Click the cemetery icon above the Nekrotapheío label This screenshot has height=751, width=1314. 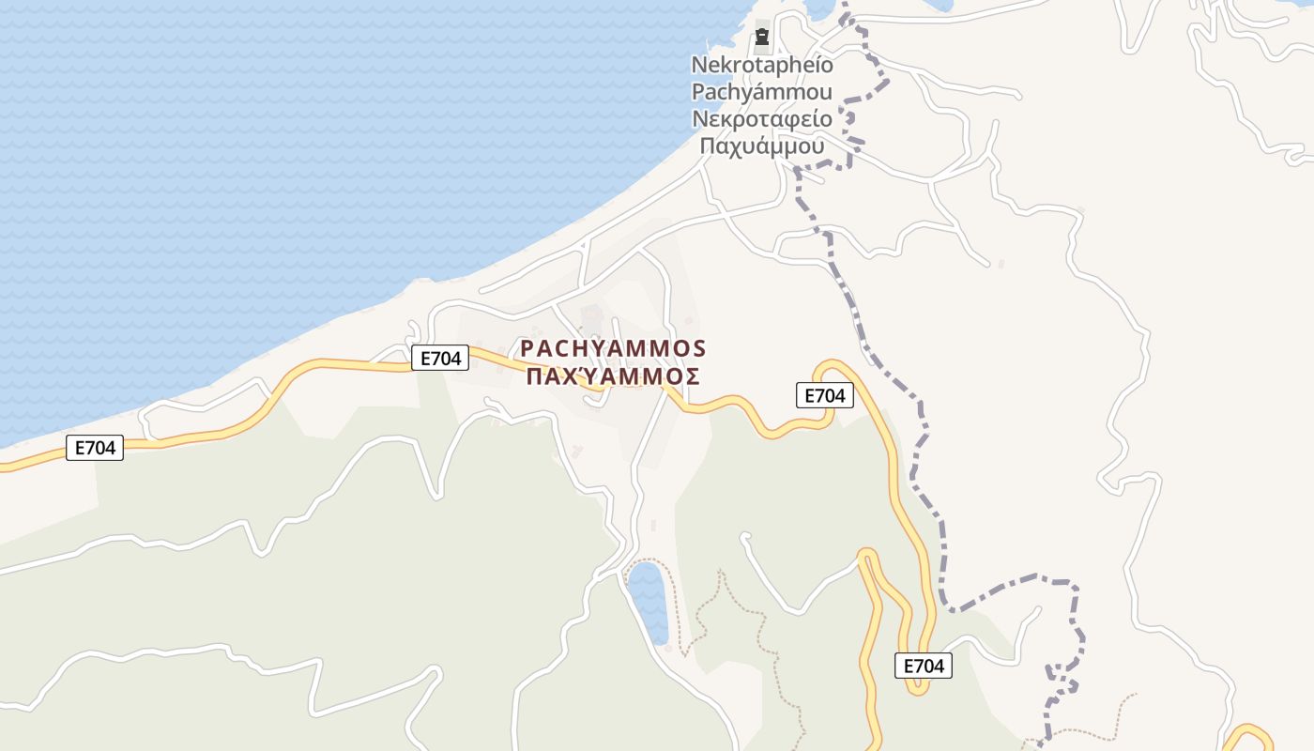tap(762, 38)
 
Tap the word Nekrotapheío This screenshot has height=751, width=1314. tap(762, 65)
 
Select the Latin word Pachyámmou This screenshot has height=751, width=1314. tap(762, 92)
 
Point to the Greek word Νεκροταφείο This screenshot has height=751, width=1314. tap(762, 119)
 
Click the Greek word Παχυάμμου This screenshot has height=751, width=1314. tap(762, 146)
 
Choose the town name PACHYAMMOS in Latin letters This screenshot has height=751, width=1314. tap(613, 349)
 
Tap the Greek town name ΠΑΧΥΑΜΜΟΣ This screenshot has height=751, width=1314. tap(613, 377)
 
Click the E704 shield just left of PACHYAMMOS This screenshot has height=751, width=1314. tap(439, 358)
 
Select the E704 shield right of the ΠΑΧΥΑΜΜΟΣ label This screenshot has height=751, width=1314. tap(825, 396)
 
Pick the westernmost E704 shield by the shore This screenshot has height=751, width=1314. tap(95, 448)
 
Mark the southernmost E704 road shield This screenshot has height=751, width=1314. tap(924, 666)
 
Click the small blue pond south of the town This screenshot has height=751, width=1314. tap(648, 601)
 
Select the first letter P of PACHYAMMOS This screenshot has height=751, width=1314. tap(527, 349)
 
